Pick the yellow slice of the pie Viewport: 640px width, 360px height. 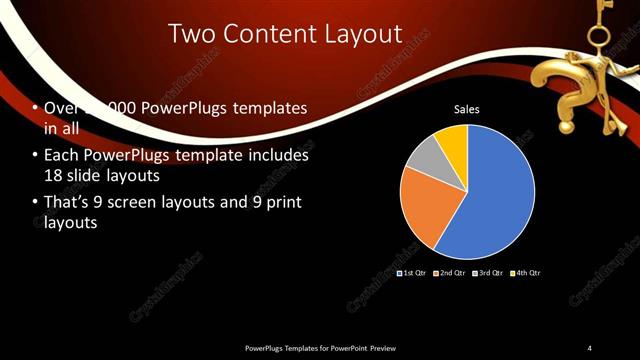pyautogui.click(x=454, y=142)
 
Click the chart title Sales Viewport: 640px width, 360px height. pyautogui.click(x=467, y=109)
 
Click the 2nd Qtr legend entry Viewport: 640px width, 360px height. pyautogui.click(x=450, y=273)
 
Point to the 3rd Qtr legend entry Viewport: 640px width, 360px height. pyautogui.click(x=488, y=273)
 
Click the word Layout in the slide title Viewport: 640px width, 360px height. pyautogui.click(x=354, y=35)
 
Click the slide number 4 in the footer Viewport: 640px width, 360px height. pyautogui.click(x=590, y=347)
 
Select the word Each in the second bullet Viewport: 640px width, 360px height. pyautogui.click(x=61, y=156)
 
